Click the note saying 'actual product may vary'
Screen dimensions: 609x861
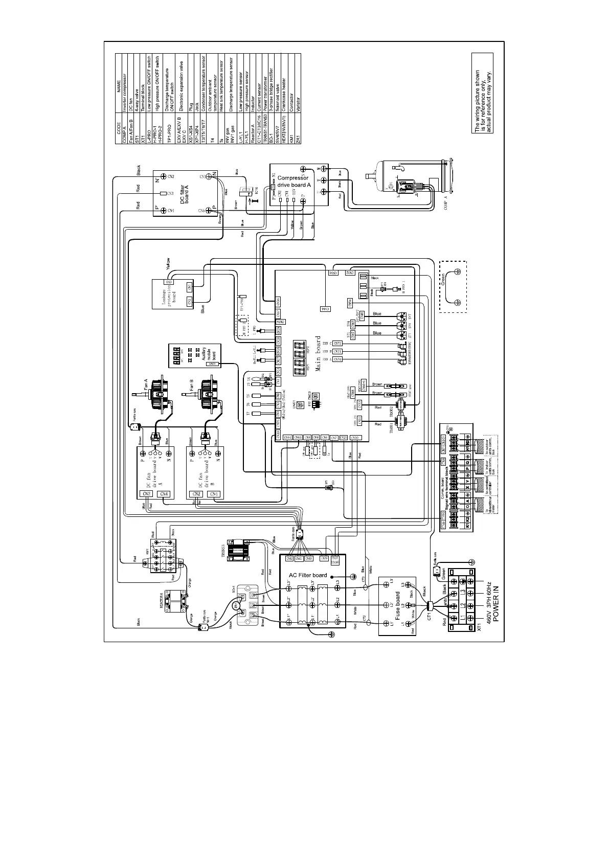pos(489,101)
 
